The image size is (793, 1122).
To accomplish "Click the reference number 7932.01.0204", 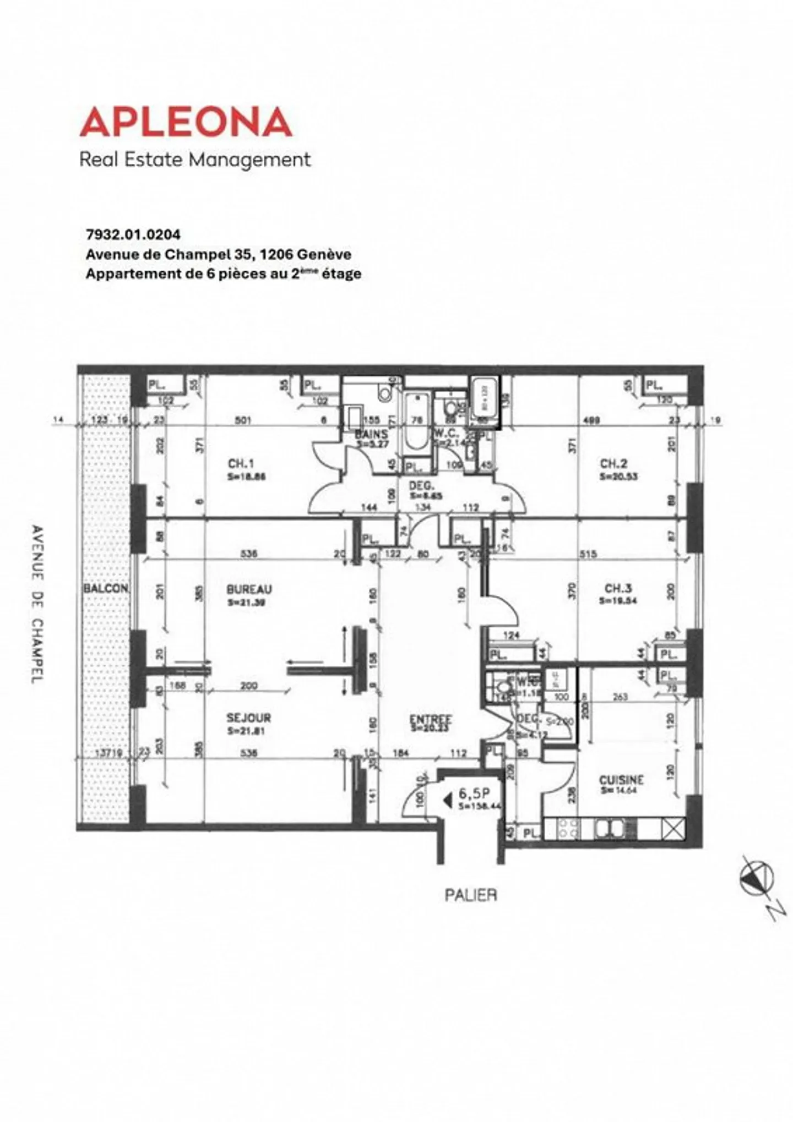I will tap(133, 234).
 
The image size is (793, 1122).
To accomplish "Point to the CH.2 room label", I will tap(613, 464).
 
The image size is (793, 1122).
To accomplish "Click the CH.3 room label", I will tap(618, 589).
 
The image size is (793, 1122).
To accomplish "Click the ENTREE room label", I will tap(431, 719).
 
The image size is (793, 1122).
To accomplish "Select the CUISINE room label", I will tap(621, 780).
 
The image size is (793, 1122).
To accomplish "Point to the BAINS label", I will tap(371, 434).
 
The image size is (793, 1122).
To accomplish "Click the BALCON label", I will tap(106, 588).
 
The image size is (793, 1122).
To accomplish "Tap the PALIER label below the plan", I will tap(470, 895).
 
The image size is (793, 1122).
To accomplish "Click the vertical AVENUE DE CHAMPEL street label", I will tap(37, 605).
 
